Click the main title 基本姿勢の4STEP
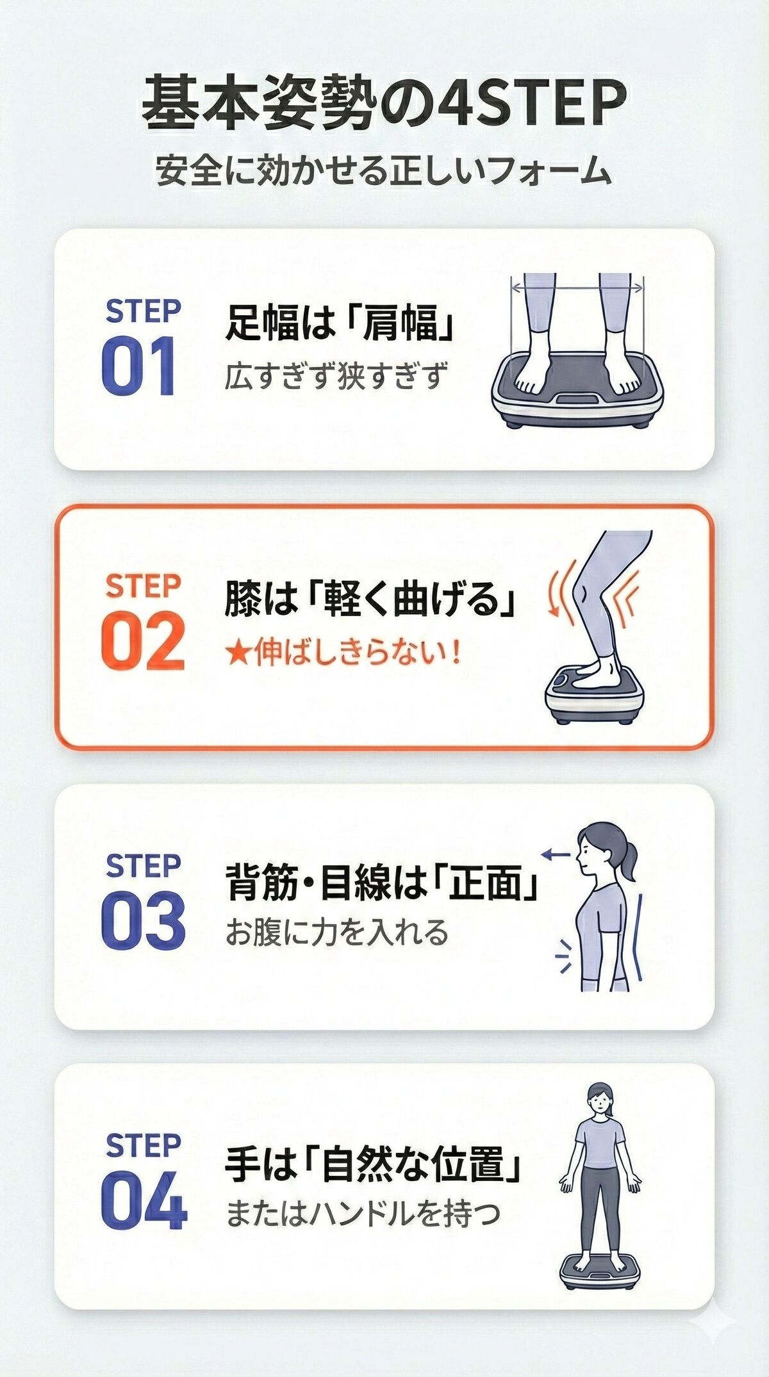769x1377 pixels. click(383, 102)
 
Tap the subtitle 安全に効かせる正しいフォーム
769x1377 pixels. click(383, 171)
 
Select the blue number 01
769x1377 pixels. click(138, 366)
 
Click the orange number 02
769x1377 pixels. click(142, 641)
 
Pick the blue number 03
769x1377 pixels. click(143, 920)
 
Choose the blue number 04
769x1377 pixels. click(144, 1200)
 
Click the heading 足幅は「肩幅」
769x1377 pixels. click(340, 322)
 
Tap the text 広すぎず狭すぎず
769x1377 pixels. click(335, 376)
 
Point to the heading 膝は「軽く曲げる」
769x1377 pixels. click(370, 600)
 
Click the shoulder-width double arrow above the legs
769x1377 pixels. click(577, 288)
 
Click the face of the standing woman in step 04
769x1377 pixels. click(599, 1103)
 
